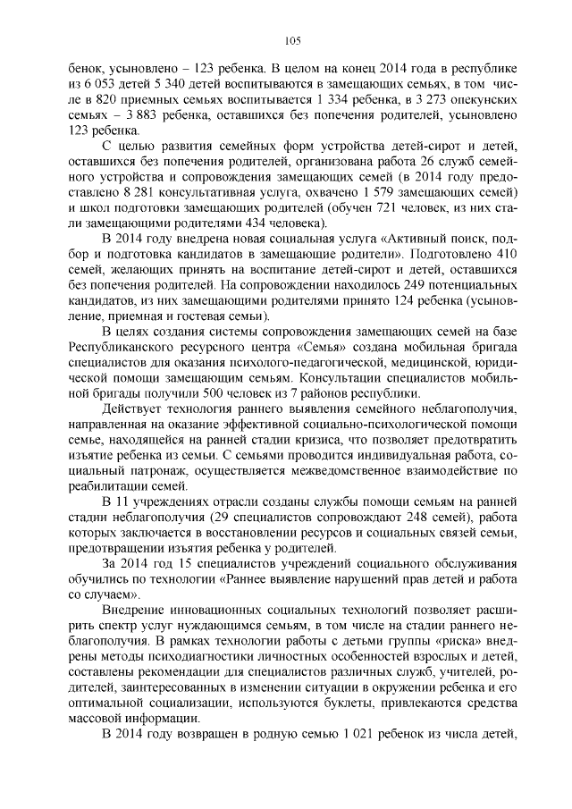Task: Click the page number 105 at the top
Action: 290,39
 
